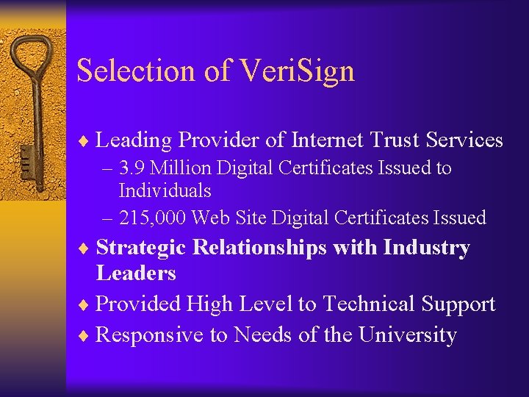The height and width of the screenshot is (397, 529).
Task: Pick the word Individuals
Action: pos(165,191)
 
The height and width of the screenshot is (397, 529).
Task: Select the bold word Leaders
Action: pos(136,273)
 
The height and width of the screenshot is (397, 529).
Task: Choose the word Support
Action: pos(463,304)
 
